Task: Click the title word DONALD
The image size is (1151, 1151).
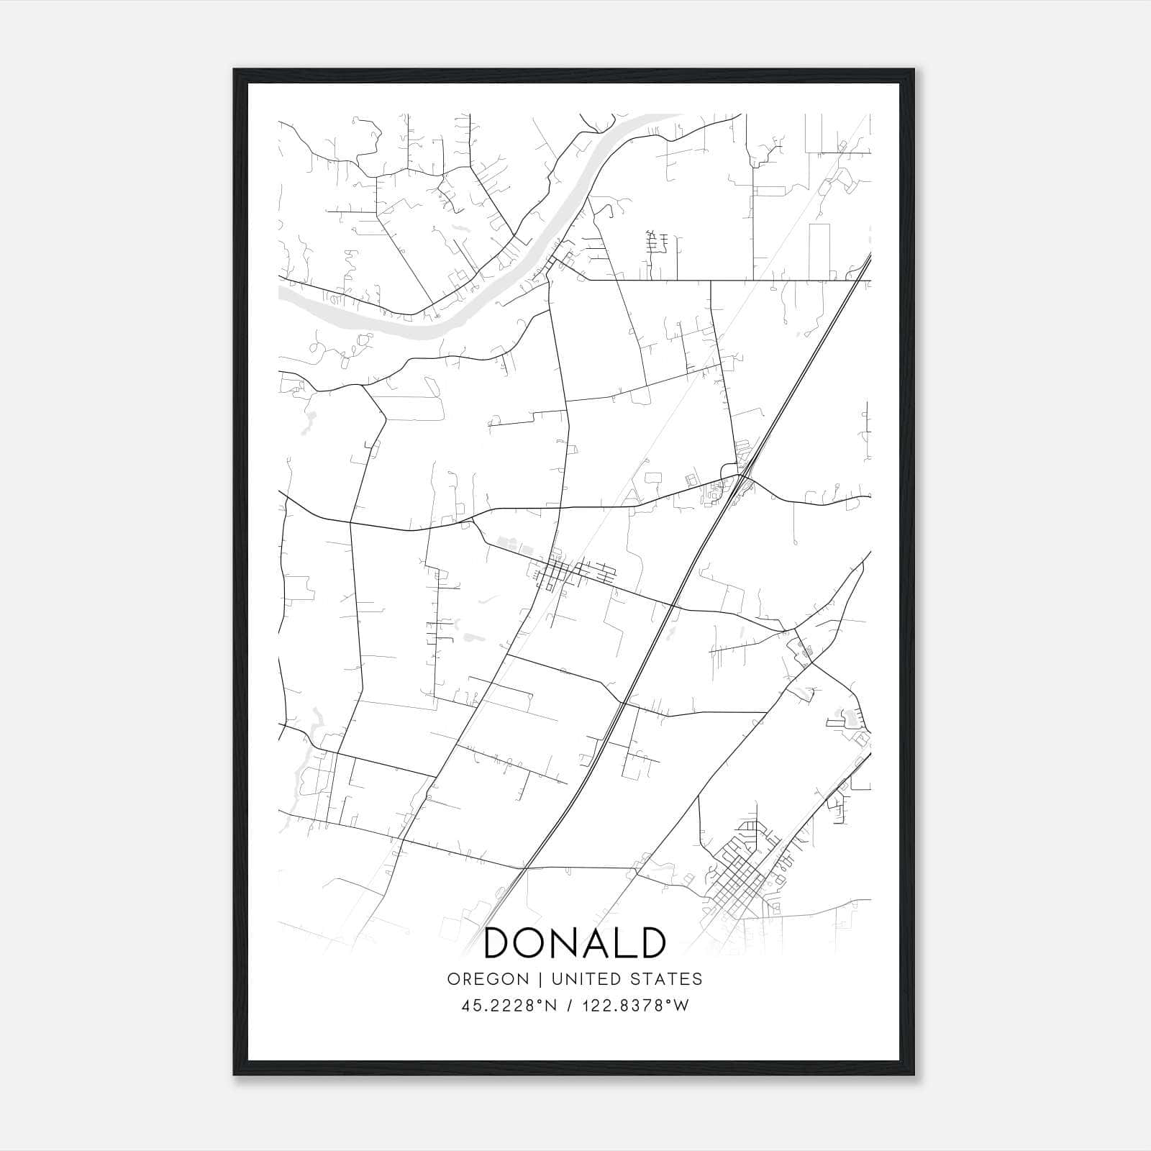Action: click(x=575, y=943)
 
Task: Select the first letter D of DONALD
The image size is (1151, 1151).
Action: click(x=498, y=943)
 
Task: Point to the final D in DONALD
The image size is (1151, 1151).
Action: click(x=650, y=943)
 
